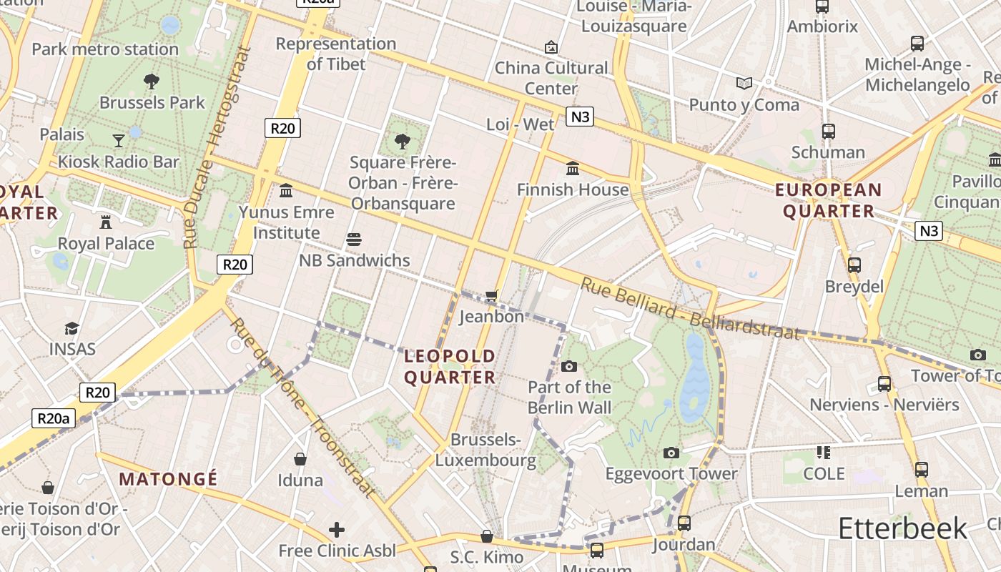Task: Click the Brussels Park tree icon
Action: [151, 81]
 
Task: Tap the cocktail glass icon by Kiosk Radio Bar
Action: [119, 140]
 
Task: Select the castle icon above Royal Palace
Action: [106, 222]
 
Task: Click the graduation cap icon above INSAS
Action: [71, 328]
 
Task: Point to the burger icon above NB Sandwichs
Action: [354, 239]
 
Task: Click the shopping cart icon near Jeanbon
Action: [491, 295]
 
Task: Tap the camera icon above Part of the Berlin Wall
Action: [569, 366]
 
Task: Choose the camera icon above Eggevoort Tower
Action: [671, 453]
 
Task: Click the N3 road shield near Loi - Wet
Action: [580, 117]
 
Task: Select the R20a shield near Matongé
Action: [54, 419]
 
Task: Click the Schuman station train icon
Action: [828, 132]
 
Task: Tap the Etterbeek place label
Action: [902, 528]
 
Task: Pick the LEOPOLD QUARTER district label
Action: [450, 366]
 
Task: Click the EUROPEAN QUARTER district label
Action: [829, 200]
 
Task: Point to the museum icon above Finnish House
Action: [573, 169]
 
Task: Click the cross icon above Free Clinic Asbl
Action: [336, 530]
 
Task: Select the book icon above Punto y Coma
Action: [744, 84]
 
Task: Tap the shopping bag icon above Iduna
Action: [300, 458]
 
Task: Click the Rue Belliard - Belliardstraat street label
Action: [689, 308]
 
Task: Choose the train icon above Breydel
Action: [854, 265]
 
